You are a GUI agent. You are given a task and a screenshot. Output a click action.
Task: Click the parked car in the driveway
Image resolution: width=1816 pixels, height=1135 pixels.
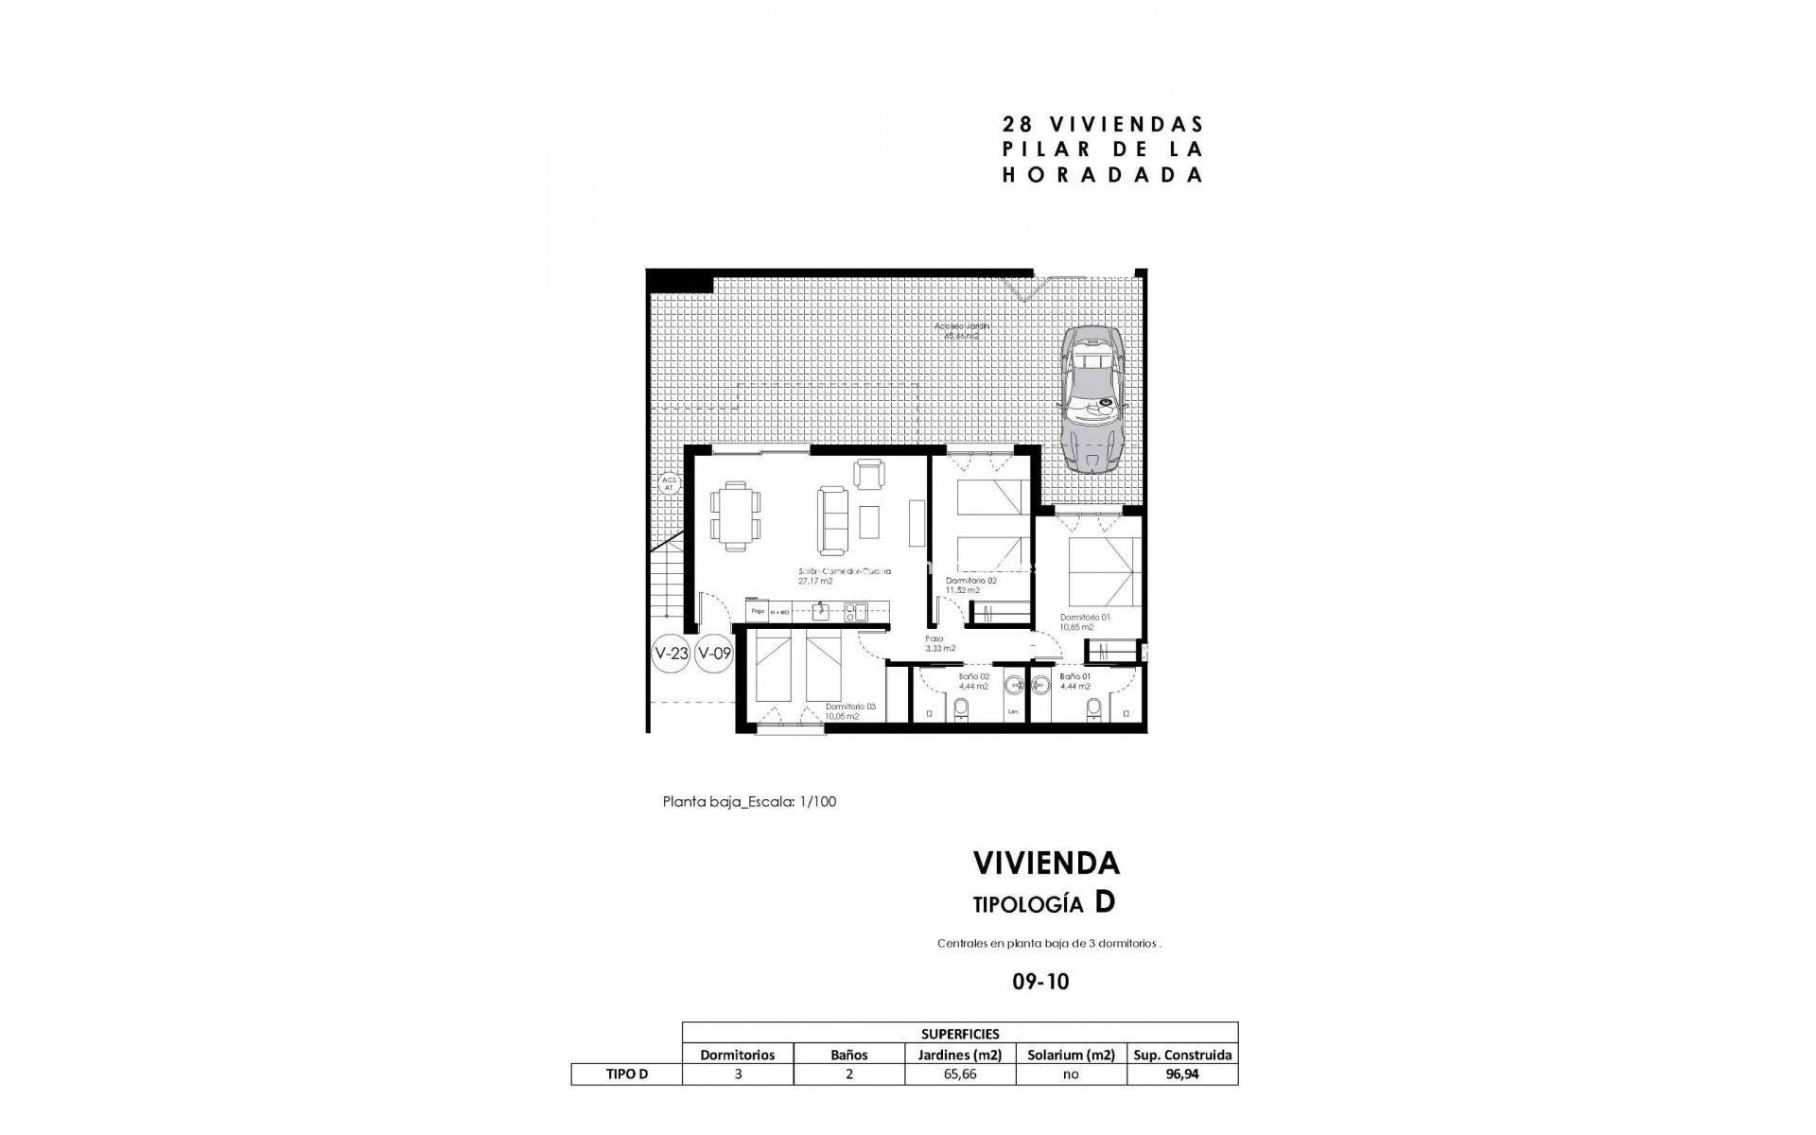point(1092,399)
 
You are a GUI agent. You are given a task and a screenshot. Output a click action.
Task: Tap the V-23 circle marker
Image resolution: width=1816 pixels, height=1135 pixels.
point(671,653)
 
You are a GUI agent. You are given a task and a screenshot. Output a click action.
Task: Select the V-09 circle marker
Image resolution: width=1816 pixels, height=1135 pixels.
point(713,653)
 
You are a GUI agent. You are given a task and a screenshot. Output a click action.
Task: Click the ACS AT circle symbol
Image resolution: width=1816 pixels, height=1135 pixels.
point(669,483)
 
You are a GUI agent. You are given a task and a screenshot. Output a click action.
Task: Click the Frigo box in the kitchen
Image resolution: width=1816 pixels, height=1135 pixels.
point(757,612)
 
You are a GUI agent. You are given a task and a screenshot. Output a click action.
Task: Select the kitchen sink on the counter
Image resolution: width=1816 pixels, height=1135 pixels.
point(821,612)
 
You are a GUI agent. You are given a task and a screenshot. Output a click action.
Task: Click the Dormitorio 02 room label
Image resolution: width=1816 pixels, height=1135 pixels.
point(970,581)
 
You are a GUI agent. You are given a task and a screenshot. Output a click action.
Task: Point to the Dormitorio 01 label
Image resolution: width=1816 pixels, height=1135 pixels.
point(1084,617)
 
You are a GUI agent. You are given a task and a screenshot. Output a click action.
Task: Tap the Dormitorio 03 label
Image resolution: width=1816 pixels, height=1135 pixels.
point(850,707)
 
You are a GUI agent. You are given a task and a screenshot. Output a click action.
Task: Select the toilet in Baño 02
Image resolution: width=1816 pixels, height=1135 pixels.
point(962,708)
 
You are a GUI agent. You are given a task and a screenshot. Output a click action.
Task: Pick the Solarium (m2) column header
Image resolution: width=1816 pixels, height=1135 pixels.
point(1071,1055)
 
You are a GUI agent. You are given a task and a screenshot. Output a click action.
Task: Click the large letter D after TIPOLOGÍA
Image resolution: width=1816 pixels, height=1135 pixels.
point(1104,902)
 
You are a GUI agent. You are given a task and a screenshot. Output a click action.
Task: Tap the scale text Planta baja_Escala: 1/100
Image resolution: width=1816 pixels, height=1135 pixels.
point(749,802)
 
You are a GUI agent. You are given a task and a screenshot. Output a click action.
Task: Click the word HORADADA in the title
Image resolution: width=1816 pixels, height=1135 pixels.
point(1102,175)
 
